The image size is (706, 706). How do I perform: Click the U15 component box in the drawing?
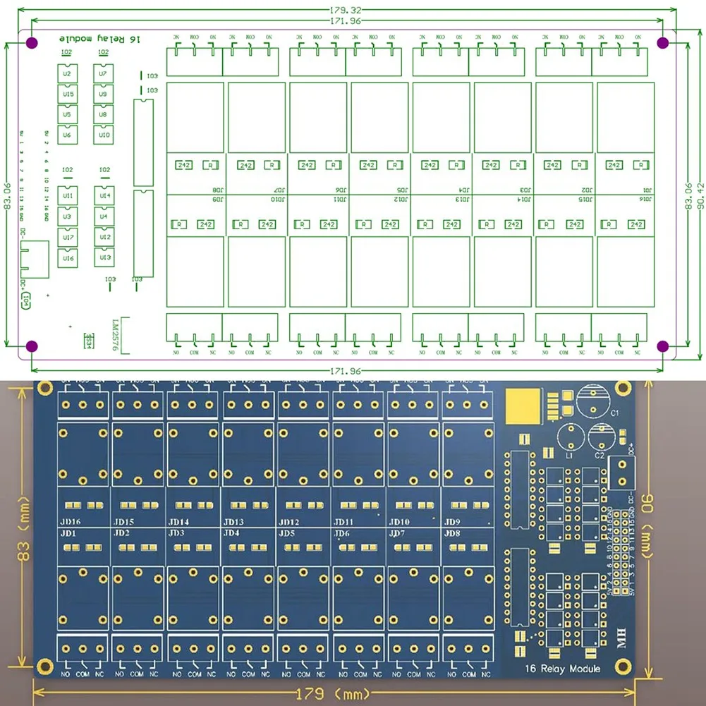(x=68, y=94)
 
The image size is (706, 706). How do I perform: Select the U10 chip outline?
(x=104, y=134)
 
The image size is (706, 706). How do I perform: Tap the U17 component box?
(x=68, y=237)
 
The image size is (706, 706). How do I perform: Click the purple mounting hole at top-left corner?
(x=32, y=44)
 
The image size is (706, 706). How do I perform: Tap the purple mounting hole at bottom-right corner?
(x=662, y=346)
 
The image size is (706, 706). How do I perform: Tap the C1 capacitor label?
(x=614, y=413)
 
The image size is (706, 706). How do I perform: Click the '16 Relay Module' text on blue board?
(x=562, y=669)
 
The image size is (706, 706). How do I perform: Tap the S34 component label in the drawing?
(x=89, y=341)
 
